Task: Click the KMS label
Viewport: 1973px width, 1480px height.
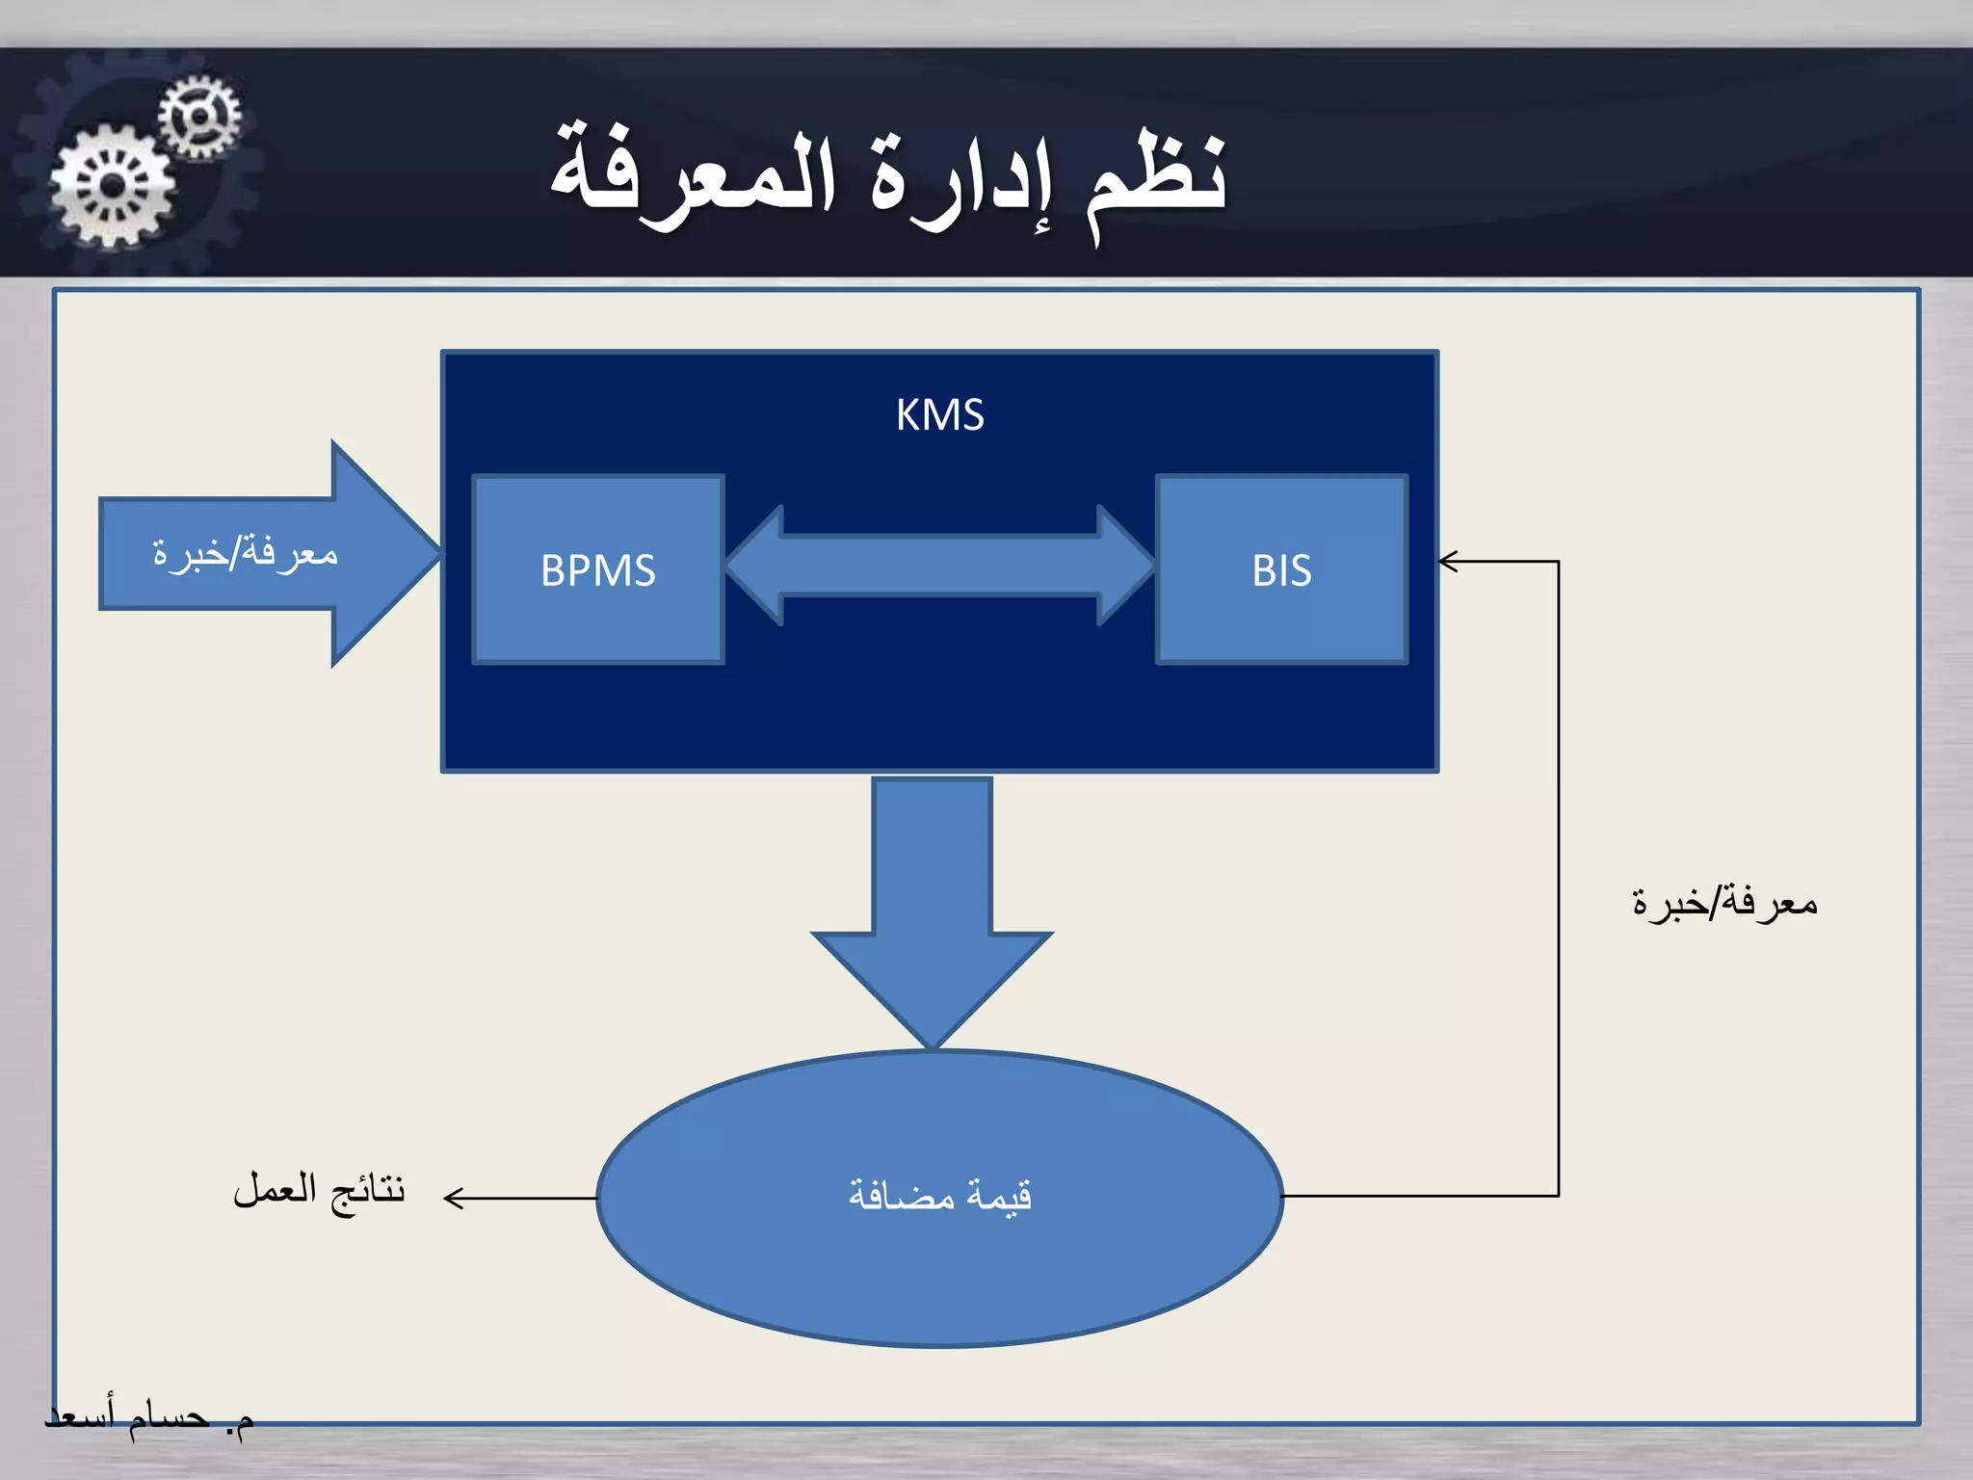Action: pos(939,415)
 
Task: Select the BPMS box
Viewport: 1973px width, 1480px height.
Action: pos(598,569)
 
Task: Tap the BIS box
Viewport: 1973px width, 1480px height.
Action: pos(1281,569)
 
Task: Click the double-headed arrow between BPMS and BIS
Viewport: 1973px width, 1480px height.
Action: pos(939,566)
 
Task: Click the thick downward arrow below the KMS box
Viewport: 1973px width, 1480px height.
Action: pos(932,906)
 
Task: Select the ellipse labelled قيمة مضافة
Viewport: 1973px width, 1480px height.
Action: pos(939,1253)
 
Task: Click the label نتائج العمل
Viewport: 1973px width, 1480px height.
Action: pos(319,1190)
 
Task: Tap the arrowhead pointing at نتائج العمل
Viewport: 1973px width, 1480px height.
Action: pos(453,1198)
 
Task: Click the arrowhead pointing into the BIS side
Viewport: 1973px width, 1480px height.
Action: pos(1448,561)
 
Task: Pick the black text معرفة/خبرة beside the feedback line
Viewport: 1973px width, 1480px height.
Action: pos(1724,903)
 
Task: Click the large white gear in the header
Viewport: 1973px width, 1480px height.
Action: pos(113,186)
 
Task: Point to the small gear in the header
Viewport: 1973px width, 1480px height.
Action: pos(199,117)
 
